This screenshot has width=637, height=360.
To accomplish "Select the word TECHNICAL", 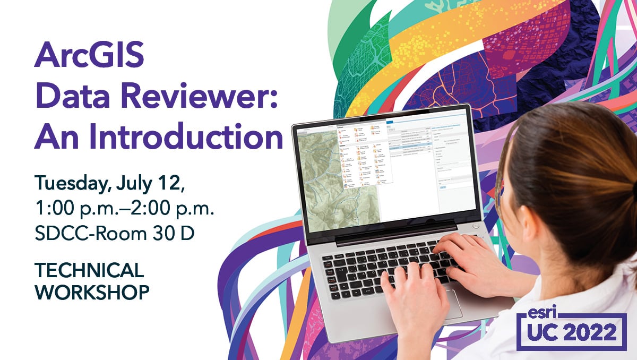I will [x=89, y=270].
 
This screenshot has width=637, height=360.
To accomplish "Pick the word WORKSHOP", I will [x=91, y=292].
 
